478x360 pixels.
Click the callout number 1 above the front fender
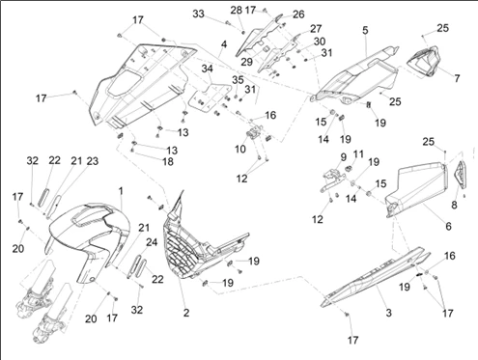click(121, 191)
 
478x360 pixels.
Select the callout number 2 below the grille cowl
click(186, 313)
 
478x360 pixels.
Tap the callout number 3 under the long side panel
click(388, 313)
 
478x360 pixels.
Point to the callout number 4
click(224, 44)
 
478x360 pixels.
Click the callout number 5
click(365, 30)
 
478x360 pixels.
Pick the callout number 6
click(448, 226)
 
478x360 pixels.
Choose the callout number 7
click(457, 78)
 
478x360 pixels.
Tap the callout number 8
click(454, 205)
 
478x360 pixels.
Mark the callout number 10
click(240, 149)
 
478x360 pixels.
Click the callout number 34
click(208, 69)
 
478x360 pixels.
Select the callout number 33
click(199, 14)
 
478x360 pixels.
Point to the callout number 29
click(247, 62)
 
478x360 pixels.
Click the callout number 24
click(152, 242)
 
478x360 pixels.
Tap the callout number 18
click(168, 161)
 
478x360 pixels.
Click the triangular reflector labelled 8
click(461, 175)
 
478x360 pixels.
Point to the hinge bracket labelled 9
click(333, 180)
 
